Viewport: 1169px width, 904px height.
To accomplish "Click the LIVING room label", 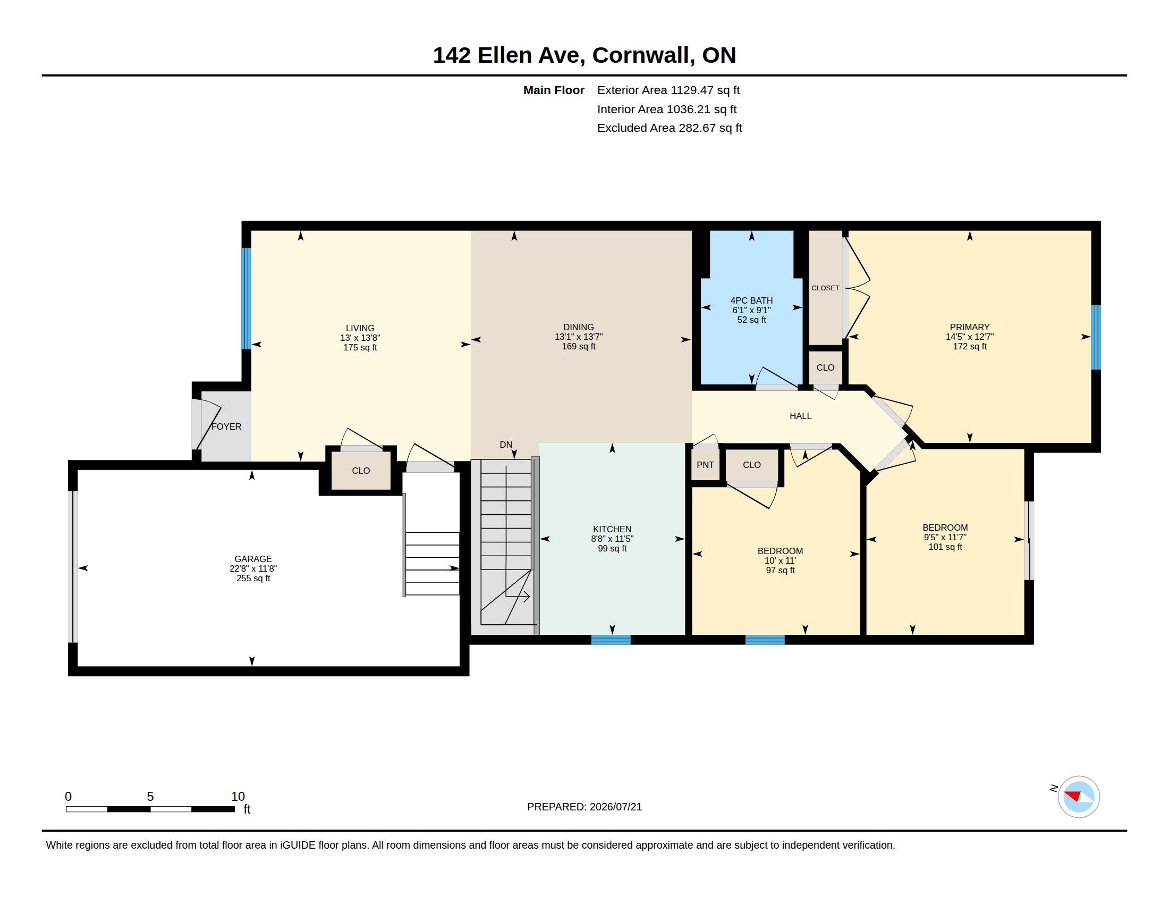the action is pos(360,328).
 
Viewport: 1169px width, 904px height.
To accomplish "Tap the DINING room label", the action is pos(578,327).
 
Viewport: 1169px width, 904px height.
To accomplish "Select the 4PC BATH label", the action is pos(751,300).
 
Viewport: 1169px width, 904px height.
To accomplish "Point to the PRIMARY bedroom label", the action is pos(969,327).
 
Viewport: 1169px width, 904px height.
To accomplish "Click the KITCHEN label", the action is pos(612,529).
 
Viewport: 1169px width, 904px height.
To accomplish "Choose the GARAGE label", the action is pos(253,558).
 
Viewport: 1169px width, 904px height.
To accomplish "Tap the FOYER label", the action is pos(226,426).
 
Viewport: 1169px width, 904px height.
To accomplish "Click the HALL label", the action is pos(800,416).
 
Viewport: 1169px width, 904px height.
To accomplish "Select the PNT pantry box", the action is pos(705,464).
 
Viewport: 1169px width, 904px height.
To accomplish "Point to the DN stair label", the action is pos(506,445).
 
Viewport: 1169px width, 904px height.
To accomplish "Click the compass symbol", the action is pos(1079,797).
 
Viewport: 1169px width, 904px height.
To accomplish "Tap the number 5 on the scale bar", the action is pos(150,797).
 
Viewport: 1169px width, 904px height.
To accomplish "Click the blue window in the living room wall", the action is pos(246,298).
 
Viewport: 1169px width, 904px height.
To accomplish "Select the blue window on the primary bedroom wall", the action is pos(1096,337).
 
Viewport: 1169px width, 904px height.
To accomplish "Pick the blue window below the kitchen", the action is pos(611,639).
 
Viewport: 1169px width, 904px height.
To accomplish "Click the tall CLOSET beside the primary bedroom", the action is pos(825,288).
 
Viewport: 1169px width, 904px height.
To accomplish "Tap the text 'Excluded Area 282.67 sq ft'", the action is pos(670,128).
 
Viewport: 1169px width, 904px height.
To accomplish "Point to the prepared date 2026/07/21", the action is pos(615,807).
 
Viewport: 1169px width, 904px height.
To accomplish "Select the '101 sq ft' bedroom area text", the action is pos(945,547).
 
